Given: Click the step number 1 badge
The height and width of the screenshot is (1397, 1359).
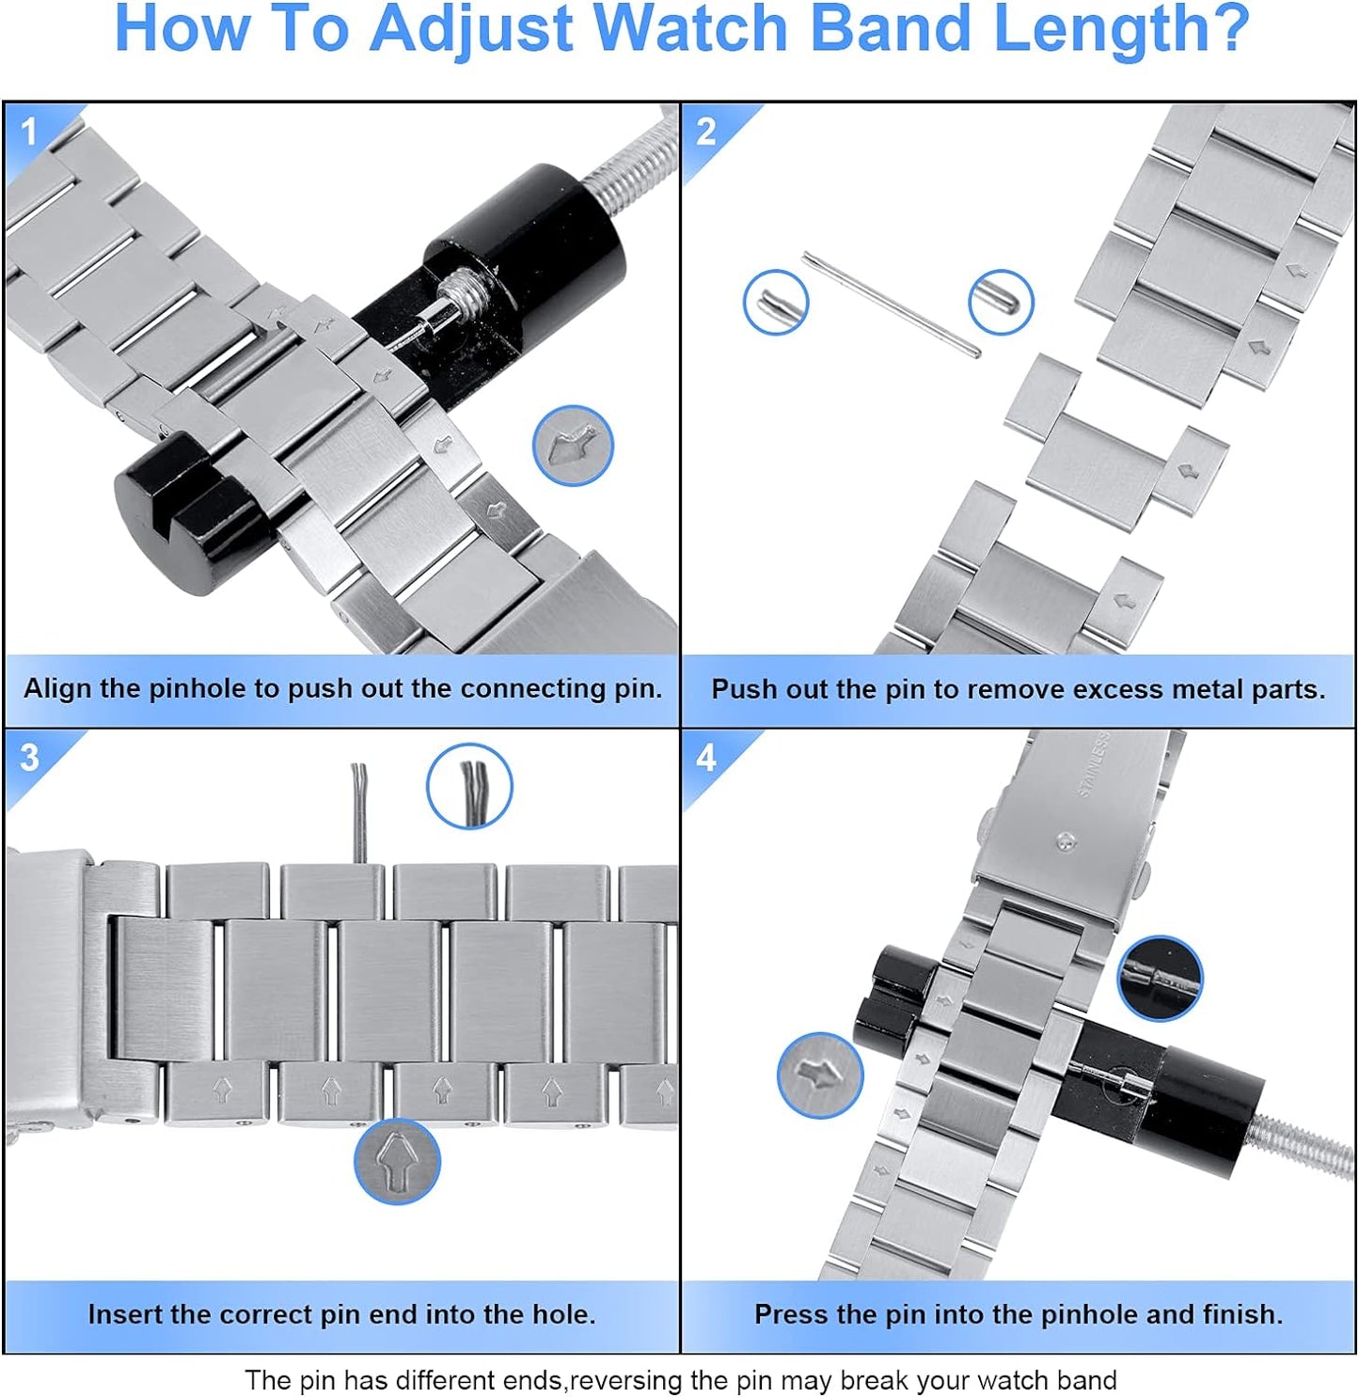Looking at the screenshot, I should tap(29, 132).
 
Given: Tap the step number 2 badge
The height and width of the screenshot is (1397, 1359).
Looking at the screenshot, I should tap(706, 132).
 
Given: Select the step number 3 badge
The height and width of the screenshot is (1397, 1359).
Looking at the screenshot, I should tap(29, 758).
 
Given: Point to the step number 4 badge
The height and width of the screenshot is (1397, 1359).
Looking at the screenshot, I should tap(706, 758).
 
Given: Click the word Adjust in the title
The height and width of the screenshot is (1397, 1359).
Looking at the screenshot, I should tap(470, 30).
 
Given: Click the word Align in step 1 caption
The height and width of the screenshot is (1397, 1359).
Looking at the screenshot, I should tap(58, 688).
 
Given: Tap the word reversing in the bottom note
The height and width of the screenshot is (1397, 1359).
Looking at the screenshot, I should tap(626, 1380).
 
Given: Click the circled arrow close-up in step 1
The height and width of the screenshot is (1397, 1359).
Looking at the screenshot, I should tap(573, 446).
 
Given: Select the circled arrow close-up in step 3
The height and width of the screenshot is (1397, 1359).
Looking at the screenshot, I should tap(397, 1162).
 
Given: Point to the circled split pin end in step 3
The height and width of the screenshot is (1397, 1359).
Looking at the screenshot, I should tap(469, 786).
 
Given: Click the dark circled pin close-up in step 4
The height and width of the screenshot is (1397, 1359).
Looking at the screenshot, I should tap(1159, 978).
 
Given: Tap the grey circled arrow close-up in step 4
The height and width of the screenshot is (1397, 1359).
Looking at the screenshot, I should tap(819, 1075).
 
